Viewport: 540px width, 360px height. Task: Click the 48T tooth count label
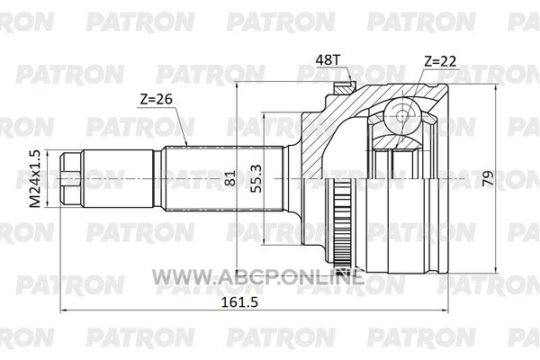(328, 60)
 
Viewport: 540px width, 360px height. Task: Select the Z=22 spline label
(440, 61)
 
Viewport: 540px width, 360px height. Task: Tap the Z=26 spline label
(156, 99)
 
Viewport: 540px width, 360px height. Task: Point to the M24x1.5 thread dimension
(35, 179)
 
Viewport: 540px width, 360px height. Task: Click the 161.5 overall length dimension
(239, 302)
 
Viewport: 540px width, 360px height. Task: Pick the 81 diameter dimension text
(230, 178)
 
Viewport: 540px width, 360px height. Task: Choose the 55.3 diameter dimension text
(256, 178)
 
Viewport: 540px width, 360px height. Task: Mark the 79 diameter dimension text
(488, 178)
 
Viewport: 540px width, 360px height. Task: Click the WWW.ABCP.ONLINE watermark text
(257, 276)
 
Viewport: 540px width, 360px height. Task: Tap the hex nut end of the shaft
(71, 179)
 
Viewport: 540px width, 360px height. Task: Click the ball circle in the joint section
(402, 115)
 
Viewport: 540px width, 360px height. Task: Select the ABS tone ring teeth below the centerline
(341, 224)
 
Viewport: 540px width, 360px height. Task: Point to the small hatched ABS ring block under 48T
(345, 88)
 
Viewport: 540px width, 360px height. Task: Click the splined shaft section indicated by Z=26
(223, 179)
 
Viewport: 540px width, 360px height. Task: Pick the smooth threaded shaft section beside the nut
(118, 179)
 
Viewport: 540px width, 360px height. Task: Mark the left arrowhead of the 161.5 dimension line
(63, 310)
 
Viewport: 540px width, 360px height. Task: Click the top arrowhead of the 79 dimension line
(496, 86)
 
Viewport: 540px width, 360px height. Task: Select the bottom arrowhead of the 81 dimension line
(237, 269)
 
